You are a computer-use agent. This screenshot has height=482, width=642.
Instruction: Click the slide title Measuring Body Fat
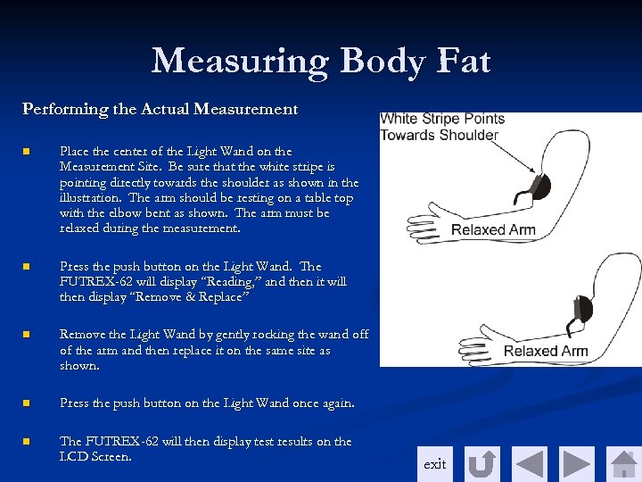pyautogui.click(x=321, y=61)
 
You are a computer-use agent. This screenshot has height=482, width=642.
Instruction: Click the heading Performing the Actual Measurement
pyautogui.click(x=160, y=109)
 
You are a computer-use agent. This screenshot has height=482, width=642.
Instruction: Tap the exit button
pyautogui.click(x=434, y=464)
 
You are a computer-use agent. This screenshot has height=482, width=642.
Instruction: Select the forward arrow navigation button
pyautogui.click(x=577, y=464)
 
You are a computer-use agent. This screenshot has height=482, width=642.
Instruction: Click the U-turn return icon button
pyautogui.click(x=482, y=464)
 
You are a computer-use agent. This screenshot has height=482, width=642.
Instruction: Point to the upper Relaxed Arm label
pyautogui.click(x=493, y=230)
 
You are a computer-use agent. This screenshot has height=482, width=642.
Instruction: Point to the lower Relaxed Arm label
pyautogui.click(x=545, y=351)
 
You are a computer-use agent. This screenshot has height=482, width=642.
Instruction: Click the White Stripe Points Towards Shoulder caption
pyautogui.click(x=442, y=127)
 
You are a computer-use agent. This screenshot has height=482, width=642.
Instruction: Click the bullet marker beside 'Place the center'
pyautogui.click(x=27, y=152)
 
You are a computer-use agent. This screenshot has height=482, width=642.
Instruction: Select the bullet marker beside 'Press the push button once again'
pyautogui.click(x=27, y=403)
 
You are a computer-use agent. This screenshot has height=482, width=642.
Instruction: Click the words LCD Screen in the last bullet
pyautogui.click(x=95, y=456)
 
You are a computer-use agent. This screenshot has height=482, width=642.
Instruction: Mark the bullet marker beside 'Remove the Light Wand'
pyautogui.click(x=27, y=335)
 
